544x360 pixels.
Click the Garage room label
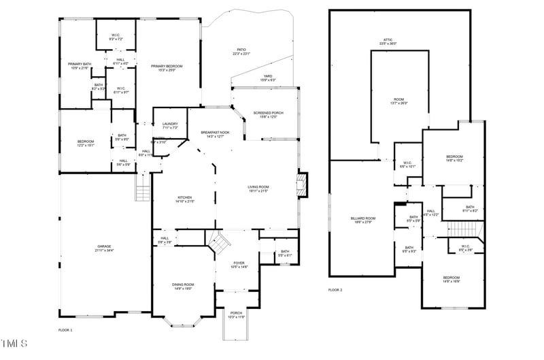[x=104, y=248]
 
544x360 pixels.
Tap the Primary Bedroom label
[x=167, y=67]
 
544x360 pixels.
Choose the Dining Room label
[x=183, y=287]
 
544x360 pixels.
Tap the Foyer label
[x=239, y=265]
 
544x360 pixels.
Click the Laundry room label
[x=170, y=126]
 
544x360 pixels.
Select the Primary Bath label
[x=80, y=66]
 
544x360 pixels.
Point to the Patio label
[x=241, y=51]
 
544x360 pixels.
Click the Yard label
[x=268, y=78]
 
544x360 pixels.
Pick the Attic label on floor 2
[x=388, y=42]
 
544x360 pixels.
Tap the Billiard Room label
[x=363, y=220]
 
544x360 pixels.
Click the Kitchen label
[x=185, y=199]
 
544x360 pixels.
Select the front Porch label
[x=236, y=315]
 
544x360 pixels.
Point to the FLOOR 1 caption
[x=65, y=329]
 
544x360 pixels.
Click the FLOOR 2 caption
[x=335, y=290]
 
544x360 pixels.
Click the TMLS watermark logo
[x=14, y=342]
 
